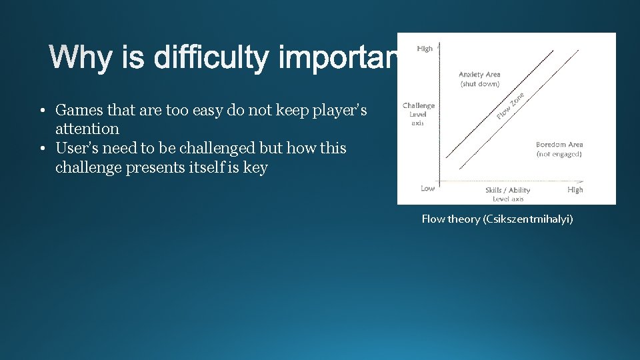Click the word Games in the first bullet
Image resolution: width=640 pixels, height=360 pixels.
pyautogui.click(x=78, y=109)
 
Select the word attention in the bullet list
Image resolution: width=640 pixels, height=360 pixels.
pyautogui.click(x=87, y=129)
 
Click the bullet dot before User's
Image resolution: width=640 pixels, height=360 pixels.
pyautogui.click(x=41, y=148)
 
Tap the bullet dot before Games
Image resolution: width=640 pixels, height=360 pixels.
pyautogui.click(x=41, y=109)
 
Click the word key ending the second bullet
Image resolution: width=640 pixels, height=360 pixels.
pyautogui.click(x=255, y=167)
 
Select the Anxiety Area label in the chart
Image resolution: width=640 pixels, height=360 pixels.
pyautogui.click(x=479, y=75)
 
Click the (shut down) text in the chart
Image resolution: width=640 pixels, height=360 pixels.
pyautogui.click(x=479, y=84)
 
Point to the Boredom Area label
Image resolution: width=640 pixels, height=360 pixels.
pyautogui.click(x=559, y=145)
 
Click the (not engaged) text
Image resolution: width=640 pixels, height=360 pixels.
pyautogui.click(x=559, y=154)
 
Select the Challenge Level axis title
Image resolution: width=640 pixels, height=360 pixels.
pyautogui.click(x=418, y=110)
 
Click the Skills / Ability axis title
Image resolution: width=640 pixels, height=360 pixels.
pyautogui.click(x=508, y=190)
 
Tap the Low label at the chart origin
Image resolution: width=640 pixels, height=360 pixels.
pyautogui.click(x=428, y=189)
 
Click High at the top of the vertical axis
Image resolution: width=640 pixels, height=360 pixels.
pyautogui.click(x=425, y=49)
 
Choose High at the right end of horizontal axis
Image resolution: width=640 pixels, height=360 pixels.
pyautogui.click(x=575, y=190)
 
